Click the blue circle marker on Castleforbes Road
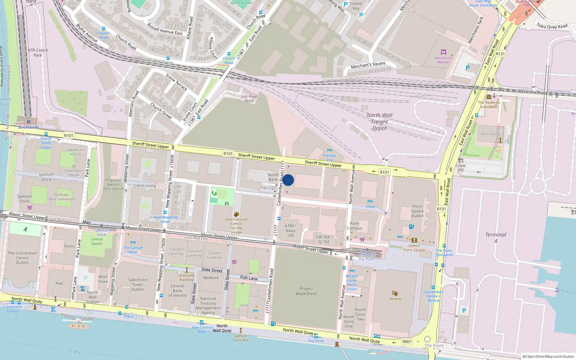288,180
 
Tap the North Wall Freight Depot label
379,122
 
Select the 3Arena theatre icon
395,293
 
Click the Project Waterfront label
306,291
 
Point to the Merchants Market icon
443,52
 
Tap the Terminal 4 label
495,237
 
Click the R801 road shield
407,342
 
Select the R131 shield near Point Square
441,209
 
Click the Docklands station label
28,127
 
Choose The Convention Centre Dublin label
22,258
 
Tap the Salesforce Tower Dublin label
138,284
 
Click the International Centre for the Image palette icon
236,215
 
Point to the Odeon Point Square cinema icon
414,240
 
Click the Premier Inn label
329,157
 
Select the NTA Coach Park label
37,53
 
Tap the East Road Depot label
249,98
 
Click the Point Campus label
355,226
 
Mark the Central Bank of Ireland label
177,291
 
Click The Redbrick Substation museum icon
489,97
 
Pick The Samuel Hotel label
133,250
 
